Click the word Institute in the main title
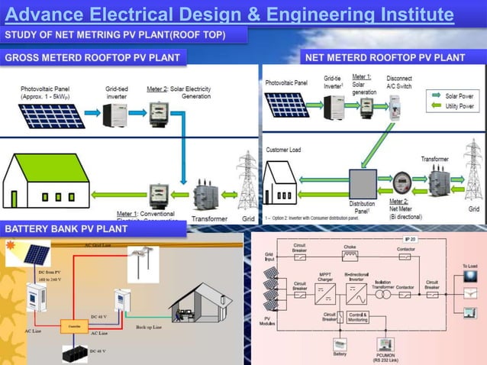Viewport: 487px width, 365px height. pos(411,15)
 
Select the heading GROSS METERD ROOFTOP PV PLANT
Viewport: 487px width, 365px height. pos(92,57)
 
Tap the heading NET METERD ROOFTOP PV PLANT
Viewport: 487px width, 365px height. pos(385,57)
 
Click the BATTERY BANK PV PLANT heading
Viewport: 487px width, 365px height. pos(66,228)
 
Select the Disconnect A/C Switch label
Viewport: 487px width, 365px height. pos(399,82)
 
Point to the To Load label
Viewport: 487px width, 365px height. pos(469,265)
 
